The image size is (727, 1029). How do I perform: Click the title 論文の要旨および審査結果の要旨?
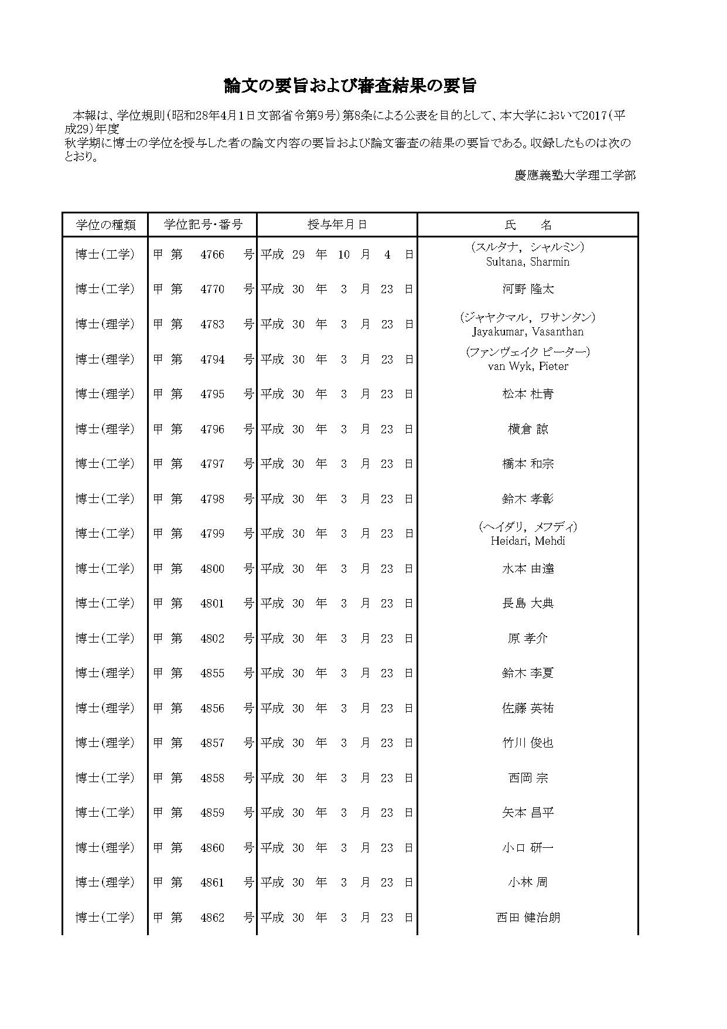tap(350, 86)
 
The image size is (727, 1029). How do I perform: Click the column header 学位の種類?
tap(105, 225)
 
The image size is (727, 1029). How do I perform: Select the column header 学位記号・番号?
tap(203, 225)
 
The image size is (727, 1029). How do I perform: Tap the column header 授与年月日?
tap(337, 225)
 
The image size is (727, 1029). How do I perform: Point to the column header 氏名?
tap(528, 225)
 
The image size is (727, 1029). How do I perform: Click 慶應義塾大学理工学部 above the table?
tap(575, 175)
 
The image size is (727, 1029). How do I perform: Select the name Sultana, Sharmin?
tap(528, 262)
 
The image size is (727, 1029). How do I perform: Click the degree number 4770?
tap(212, 289)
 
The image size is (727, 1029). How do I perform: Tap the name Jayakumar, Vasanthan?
tap(528, 332)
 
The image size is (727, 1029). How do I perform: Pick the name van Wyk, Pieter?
tap(528, 366)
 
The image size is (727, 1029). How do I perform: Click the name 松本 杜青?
tap(528, 394)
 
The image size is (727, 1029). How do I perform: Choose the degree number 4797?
tap(212, 464)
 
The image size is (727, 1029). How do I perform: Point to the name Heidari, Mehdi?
tap(528, 541)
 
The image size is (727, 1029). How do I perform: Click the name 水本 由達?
tap(528, 569)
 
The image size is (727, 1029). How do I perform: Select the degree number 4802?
tap(212, 639)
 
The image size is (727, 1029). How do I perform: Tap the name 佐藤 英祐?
tap(528, 708)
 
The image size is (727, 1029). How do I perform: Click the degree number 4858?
tap(212, 778)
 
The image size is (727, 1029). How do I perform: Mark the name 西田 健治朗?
tap(528, 918)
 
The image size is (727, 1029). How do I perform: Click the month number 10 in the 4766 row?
tap(343, 254)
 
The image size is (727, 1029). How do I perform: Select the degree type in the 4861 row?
tap(105, 882)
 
